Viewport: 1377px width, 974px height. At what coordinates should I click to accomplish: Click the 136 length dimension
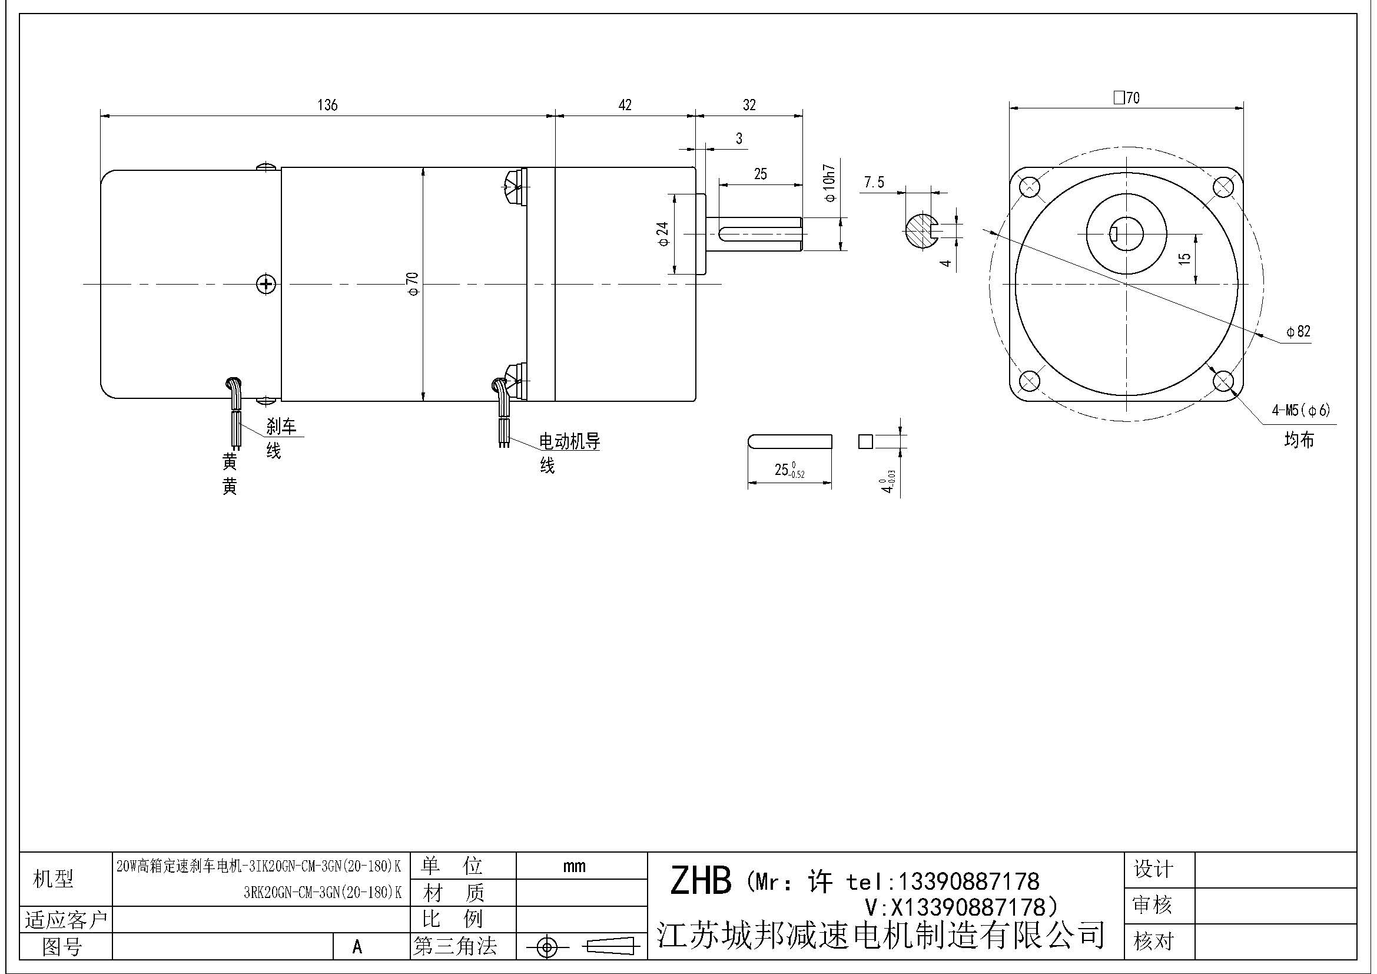[327, 105]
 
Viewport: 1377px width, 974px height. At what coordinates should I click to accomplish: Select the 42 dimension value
[625, 105]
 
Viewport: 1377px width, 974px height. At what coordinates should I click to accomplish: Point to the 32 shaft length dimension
[749, 105]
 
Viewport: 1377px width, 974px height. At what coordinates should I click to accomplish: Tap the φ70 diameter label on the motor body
[412, 283]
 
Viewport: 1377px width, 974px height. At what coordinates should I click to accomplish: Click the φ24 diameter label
[663, 234]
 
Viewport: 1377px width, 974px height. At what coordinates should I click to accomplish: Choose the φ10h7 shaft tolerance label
[829, 183]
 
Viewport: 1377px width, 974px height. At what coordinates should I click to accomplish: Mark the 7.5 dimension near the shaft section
[874, 182]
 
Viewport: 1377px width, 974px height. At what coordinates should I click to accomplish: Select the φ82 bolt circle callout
[1299, 331]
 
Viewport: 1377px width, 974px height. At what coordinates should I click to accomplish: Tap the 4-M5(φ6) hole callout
[1301, 411]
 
